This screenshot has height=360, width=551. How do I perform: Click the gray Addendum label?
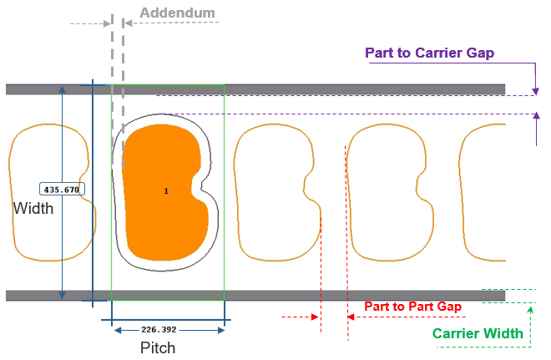click(x=177, y=13)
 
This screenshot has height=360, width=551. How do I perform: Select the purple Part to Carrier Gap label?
click(x=430, y=53)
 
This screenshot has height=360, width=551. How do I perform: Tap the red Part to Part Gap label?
click(x=412, y=307)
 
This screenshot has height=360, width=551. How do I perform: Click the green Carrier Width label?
click(x=478, y=334)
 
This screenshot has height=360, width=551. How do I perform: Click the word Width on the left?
click(x=33, y=209)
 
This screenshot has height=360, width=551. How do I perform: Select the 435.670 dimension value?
click(x=61, y=190)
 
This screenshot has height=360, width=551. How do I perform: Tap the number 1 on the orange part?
click(x=166, y=191)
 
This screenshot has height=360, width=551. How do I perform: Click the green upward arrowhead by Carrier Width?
click(x=530, y=309)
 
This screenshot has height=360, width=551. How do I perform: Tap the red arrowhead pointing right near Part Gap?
click(x=316, y=317)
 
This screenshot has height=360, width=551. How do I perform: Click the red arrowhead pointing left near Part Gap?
click(x=351, y=317)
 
